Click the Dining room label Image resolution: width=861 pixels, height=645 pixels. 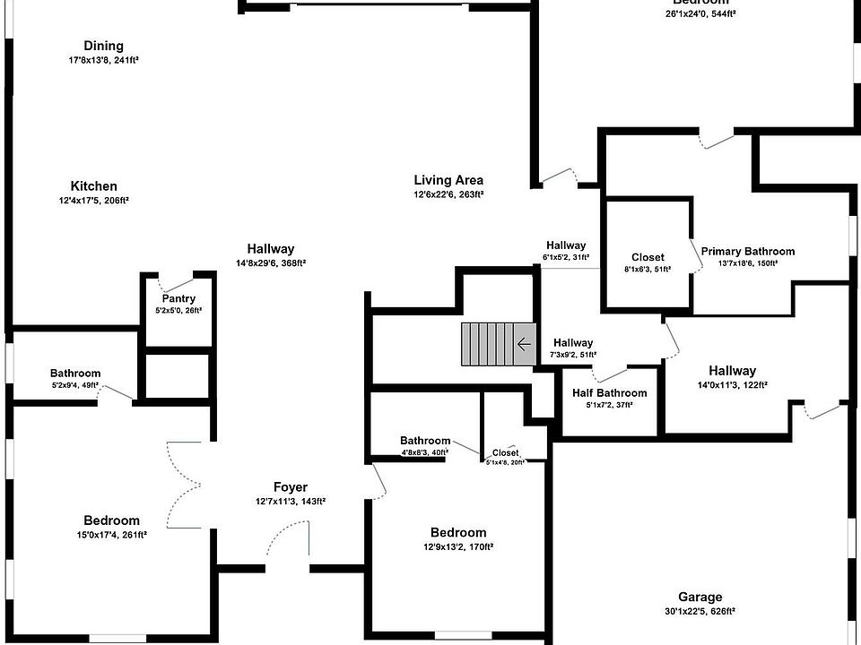click(x=103, y=46)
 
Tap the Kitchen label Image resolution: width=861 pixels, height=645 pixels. click(x=94, y=186)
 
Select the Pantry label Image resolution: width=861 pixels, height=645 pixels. click(x=178, y=299)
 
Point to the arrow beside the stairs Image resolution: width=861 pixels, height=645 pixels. click(x=524, y=344)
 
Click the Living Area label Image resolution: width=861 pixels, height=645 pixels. click(x=448, y=180)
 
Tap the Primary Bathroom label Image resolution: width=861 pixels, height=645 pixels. click(x=747, y=252)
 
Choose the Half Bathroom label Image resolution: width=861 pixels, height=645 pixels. click(x=609, y=393)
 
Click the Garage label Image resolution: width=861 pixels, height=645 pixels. click(x=700, y=598)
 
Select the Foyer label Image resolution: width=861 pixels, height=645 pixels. click(x=290, y=487)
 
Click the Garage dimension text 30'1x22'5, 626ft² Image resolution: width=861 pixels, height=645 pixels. click(x=700, y=611)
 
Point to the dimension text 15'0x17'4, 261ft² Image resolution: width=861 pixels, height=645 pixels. click(x=112, y=534)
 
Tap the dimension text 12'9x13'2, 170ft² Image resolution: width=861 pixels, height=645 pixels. click(x=457, y=546)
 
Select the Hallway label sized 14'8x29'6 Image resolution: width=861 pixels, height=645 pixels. click(x=271, y=249)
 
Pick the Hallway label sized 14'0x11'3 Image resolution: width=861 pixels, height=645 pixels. click(x=732, y=371)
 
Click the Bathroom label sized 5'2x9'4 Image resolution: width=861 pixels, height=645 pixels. click(x=75, y=374)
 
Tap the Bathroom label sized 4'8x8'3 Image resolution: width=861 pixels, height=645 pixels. click(x=425, y=441)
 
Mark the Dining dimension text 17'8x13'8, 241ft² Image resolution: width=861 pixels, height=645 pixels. click(x=103, y=60)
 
